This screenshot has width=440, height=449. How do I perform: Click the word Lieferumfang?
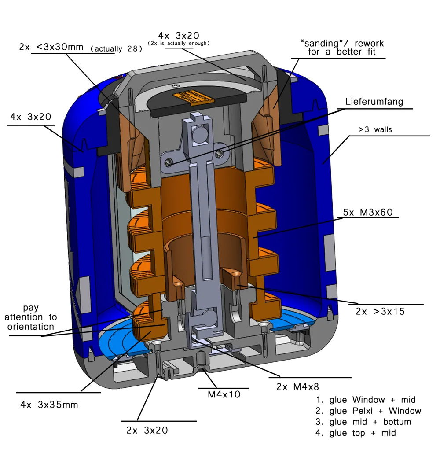374,102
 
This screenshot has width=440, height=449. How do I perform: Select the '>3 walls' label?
375,130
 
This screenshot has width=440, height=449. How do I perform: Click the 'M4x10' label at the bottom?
224,394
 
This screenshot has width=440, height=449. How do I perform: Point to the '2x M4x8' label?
297,387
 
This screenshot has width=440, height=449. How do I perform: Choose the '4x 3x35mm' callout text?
49,404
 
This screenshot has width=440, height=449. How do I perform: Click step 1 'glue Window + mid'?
366,400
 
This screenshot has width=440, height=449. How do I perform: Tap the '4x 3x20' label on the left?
31,117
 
